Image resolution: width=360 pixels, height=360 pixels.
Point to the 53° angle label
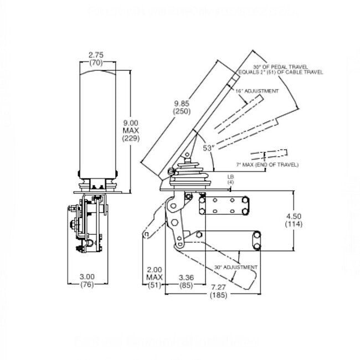point(208,148)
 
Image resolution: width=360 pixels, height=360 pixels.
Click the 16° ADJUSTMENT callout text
point(256,90)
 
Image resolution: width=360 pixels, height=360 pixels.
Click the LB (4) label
point(230,179)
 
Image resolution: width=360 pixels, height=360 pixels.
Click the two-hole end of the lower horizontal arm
point(257,240)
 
